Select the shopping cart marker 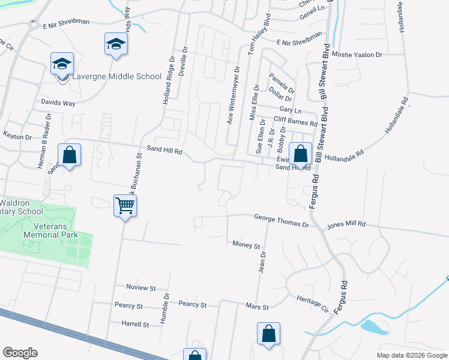(x=125, y=206)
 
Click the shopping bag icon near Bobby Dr (x=301, y=154)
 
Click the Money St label (x=246, y=246)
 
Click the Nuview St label (x=141, y=288)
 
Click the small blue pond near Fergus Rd (x=373, y=327)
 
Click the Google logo (x=20, y=353)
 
